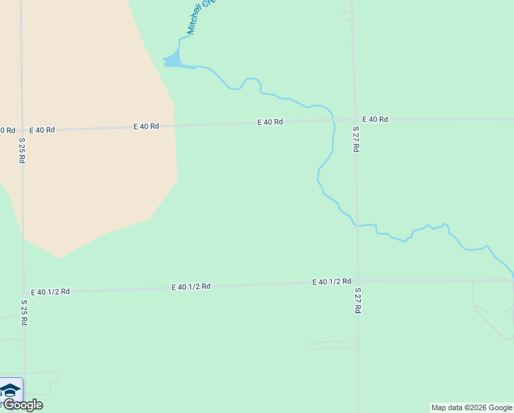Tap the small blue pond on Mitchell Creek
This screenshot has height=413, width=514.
point(172,61)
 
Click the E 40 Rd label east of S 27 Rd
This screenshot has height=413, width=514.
point(375,119)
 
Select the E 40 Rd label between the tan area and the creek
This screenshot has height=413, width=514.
point(270,122)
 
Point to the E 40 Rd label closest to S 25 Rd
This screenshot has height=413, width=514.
point(42,129)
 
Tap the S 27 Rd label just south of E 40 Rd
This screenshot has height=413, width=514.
point(356,139)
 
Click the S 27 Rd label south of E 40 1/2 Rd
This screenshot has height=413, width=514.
point(357,301)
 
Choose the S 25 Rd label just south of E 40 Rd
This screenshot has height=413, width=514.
point(22,150)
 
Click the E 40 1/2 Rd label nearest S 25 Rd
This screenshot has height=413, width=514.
point(50,292)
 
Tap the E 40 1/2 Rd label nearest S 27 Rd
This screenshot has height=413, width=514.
point(331,282)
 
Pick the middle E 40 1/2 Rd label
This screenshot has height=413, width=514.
point(191,286)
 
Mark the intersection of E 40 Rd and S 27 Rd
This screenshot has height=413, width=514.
point(355,119)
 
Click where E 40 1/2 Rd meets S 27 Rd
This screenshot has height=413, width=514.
point(357,280)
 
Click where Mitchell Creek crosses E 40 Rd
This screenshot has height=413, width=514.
point(334,120)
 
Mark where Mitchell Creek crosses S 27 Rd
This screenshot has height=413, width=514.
point(356,225)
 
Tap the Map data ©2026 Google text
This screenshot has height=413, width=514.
point(472,407)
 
